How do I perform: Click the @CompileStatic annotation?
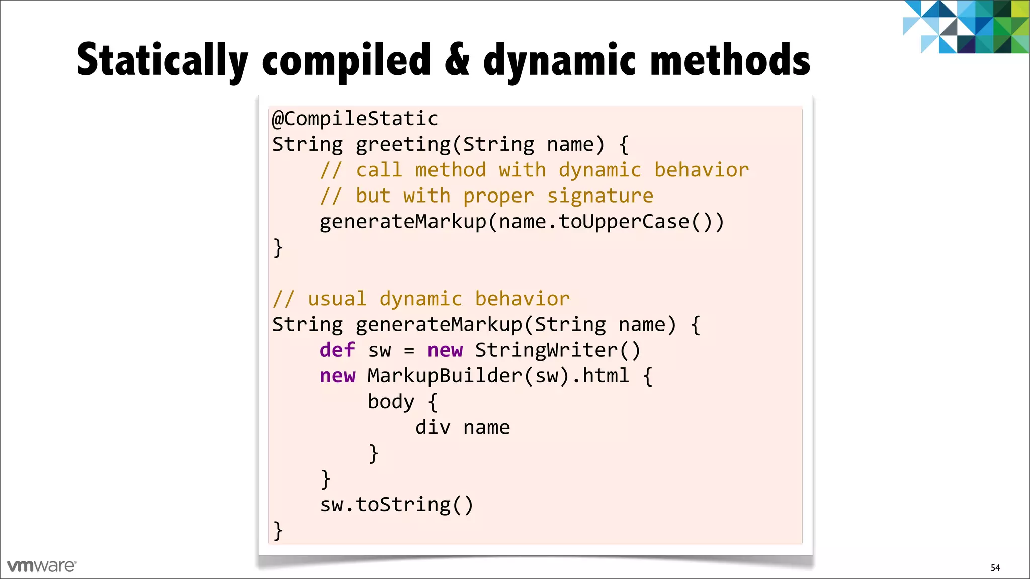[355, 119]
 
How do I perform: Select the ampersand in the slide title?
[457, 60]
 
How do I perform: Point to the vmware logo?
[42, 566]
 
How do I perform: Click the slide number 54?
[995, 567]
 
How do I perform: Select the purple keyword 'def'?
[337, 350]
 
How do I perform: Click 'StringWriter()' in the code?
[558, 350]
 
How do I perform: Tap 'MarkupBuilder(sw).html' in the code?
[498, 376]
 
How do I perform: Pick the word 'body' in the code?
[391, 402]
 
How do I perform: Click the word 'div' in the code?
[433, 428]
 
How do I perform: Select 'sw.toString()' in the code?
[397, 505]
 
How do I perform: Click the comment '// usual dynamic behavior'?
[421, 299]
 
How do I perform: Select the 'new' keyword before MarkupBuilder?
[337, 376]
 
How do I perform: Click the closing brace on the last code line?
[278, 531]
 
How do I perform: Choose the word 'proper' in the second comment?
[498, 196]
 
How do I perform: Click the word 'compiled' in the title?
[346, 60]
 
